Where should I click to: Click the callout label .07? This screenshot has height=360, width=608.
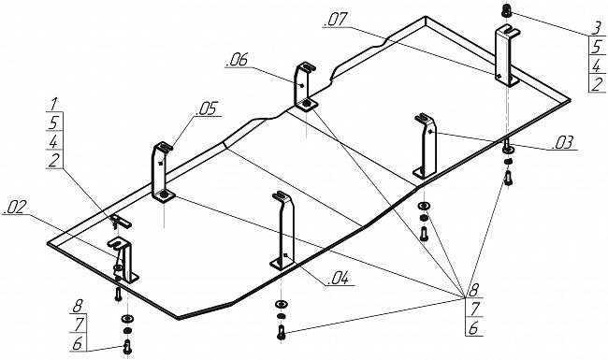pos(336,20)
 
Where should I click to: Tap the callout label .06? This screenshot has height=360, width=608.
pos(238,60)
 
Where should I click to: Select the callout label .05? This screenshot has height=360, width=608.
pos(208,108)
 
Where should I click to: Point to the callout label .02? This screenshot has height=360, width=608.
pos(15,208)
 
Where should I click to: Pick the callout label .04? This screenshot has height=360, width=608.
pos(339,279)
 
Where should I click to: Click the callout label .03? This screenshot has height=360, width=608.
pos(562,143)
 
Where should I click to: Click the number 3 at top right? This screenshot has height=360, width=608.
pos(597,28)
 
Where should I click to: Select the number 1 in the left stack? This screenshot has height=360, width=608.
pos(54,104)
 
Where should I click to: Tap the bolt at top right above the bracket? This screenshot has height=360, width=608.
pos(506,10)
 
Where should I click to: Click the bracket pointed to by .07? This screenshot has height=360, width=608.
pos(506,55)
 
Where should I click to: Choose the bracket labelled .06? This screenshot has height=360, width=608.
pos(305,86)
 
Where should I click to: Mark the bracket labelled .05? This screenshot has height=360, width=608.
pos(163,172)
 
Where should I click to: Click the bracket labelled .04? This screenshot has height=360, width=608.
pos(283,231)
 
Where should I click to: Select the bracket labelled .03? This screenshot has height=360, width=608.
pos(426,146)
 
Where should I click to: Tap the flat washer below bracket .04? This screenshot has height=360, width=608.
pos(281,303)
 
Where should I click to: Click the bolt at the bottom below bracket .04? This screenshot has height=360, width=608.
pos(282,333)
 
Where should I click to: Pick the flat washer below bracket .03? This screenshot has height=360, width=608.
pos(425,206)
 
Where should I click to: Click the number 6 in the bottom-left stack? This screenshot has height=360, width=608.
pos(78,344)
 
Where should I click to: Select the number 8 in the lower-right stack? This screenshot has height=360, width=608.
pos(474,290)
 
